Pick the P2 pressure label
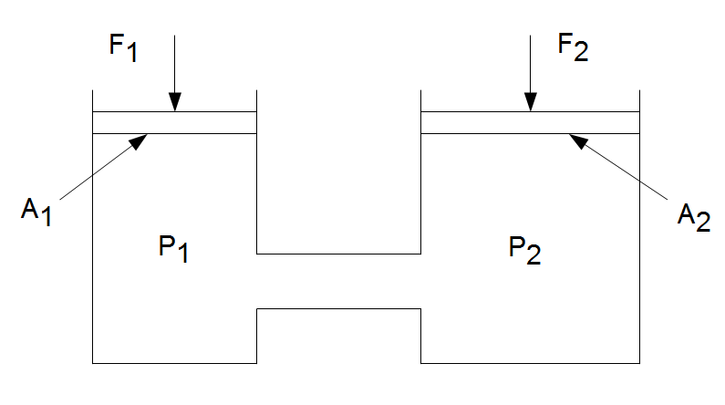tap(525, 248)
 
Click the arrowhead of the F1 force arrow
tap(175, 104)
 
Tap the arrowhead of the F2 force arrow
tap(529, 104)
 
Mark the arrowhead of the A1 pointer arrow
tap(141, 139)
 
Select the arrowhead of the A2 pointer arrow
tap(575, 139)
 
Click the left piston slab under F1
tap(175, 123)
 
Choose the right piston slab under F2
tap(529, 123)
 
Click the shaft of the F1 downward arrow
tap(175, 64)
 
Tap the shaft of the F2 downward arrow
tap(529, 64)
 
